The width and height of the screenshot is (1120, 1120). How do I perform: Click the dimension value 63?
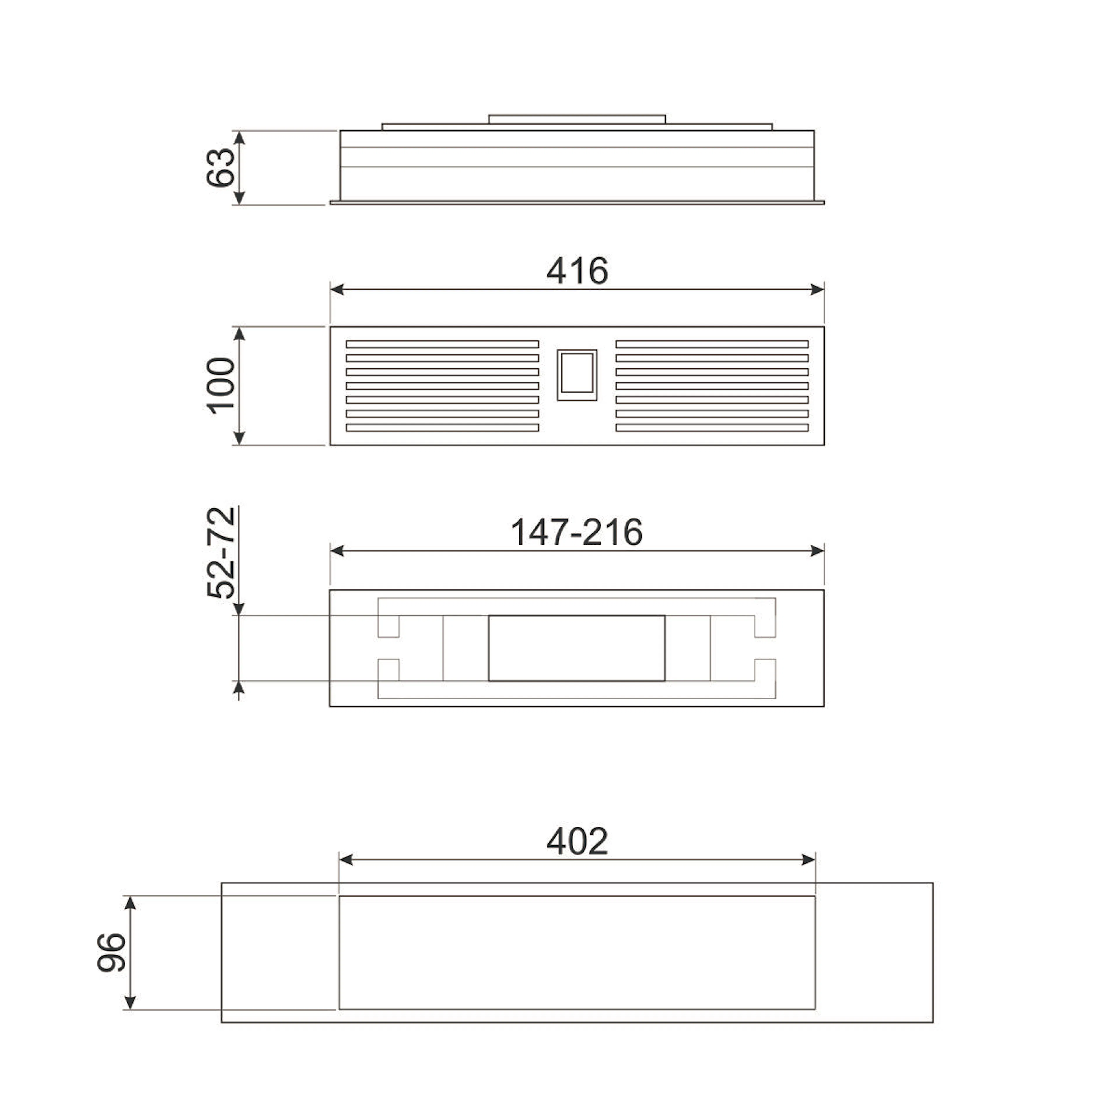click(x=221, y=167)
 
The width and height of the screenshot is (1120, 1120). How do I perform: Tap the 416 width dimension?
click(x=577, y=271)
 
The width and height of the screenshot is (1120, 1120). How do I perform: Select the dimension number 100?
click(x=221, y=386)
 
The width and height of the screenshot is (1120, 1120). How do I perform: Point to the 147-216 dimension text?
click(x=577, y=532)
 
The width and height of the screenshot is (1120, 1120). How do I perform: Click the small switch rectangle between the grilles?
click(x=577, y=374)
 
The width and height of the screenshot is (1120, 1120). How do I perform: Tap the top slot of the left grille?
click(x=442, y=344)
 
